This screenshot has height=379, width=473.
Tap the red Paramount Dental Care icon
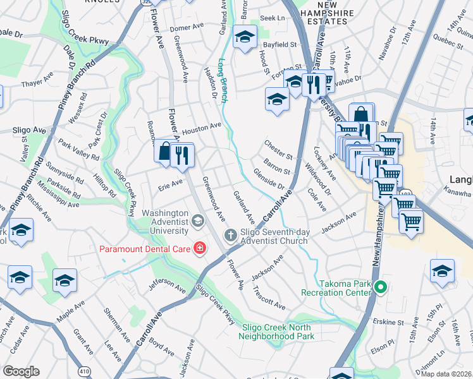[x=200, y=248]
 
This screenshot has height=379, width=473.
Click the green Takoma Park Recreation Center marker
[x=379, y=288]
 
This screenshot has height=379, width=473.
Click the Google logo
[x=21, y=371]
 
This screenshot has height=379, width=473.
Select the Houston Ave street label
[x=201, y=129]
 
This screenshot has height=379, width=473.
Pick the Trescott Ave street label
[x=268, y=296]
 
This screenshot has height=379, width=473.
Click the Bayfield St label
[x=280, y=45]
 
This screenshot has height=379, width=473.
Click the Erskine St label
[x=390, y=322]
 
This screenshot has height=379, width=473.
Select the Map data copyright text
[x=446, y=373]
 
